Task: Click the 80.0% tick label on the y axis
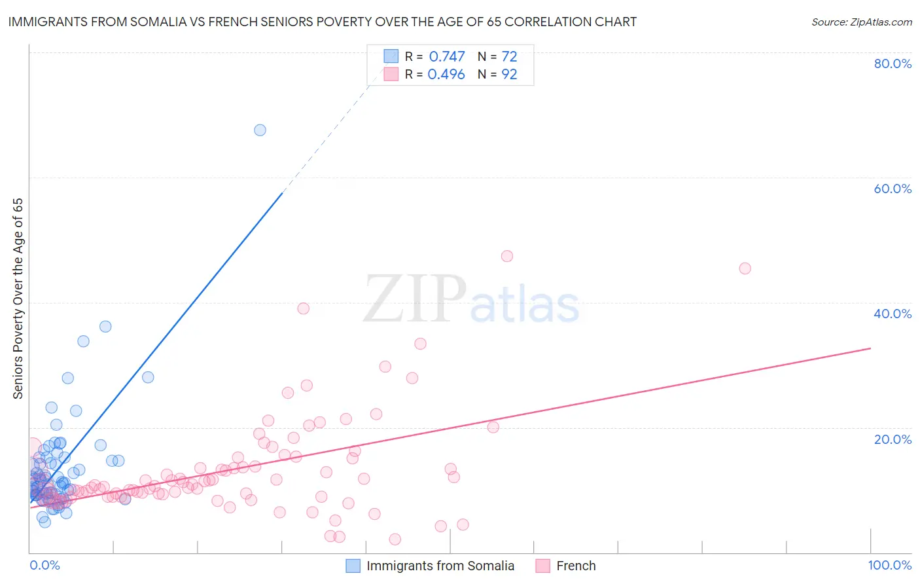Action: tap(893, 64)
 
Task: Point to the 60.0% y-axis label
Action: tap(893, 189)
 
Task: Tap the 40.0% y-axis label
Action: tap(893, 314)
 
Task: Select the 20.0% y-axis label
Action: tap(893, 439)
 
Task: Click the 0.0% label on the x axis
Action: tap(44, 565)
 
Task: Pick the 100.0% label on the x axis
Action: tap(889, 565)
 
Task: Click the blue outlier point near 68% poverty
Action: tap(260, 130)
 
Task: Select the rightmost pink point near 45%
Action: tap(745, 268)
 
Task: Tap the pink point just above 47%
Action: tap(507, 256)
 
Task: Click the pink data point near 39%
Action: tap(303, 308)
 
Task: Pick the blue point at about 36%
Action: tap(105, 326)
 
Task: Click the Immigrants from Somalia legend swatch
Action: tap(353, 566)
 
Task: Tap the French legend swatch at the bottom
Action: tap(542, 566)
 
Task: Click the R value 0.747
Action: tap(447, 56)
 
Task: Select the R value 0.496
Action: tap(446, 75)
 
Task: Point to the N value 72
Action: tap(509, 56)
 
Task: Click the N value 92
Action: tap(509, 75)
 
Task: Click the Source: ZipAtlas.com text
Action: tap(861, 22)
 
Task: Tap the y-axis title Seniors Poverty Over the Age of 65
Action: tap(18, 298)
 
